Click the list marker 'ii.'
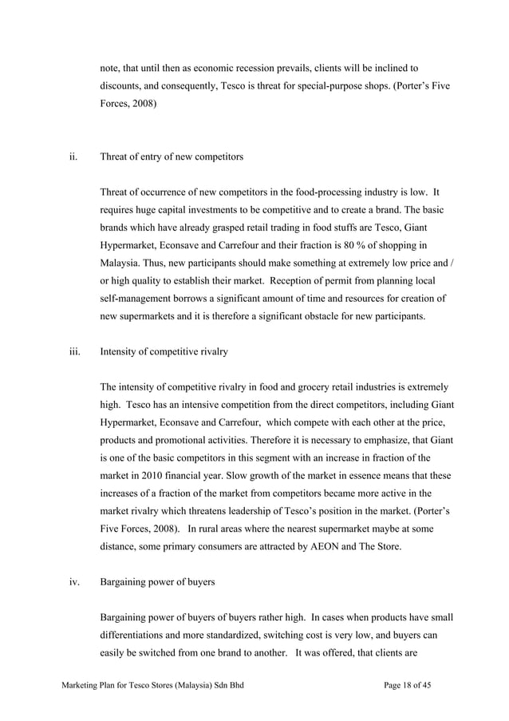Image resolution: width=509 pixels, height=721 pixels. click(x=72, y=157)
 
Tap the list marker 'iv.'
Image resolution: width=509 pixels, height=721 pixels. click(x=73, y=582)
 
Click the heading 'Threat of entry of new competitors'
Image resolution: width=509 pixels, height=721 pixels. click(x=172, y=157)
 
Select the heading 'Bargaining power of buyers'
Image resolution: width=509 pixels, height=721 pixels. click(x=157, y=582)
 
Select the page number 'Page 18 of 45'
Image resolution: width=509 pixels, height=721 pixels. click(x=412, y=687)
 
